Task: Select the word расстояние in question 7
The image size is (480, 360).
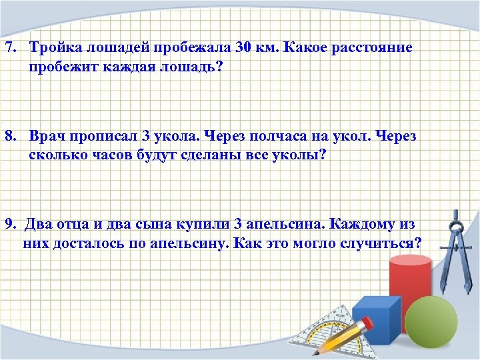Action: [x=373, y=49]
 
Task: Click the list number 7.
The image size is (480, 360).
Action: [x=9, y=49]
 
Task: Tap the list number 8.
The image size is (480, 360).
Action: [x=9, y=136]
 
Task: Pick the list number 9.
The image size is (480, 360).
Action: [x=9, y=223]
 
